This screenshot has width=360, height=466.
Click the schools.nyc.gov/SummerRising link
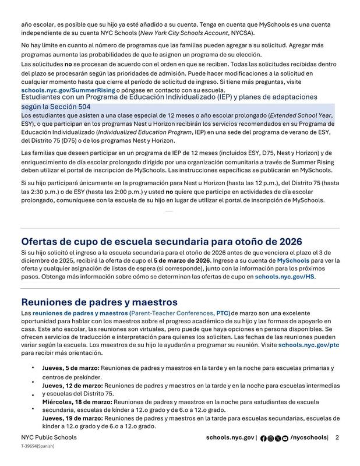click(x=68, y=90)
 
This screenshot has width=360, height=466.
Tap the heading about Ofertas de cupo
click(x=161, y=241)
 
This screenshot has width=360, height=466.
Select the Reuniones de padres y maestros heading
click(x=99, y=302)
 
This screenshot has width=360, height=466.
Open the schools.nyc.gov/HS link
click(x=285, y=277)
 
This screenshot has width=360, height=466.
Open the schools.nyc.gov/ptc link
click(x=309, y=345)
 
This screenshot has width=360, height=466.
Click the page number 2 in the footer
click(x=337, y=437)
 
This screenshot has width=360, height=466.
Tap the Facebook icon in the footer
click(x=263, y=438)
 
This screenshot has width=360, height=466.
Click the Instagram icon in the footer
click(x=270, y=438)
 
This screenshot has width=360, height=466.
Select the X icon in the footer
click(x=277, y=438)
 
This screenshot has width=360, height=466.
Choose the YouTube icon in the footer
click(x=285, y=438)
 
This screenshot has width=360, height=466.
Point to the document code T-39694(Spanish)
click(x=38, y=446)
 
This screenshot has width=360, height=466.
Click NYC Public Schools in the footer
click(x=48, y=437)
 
